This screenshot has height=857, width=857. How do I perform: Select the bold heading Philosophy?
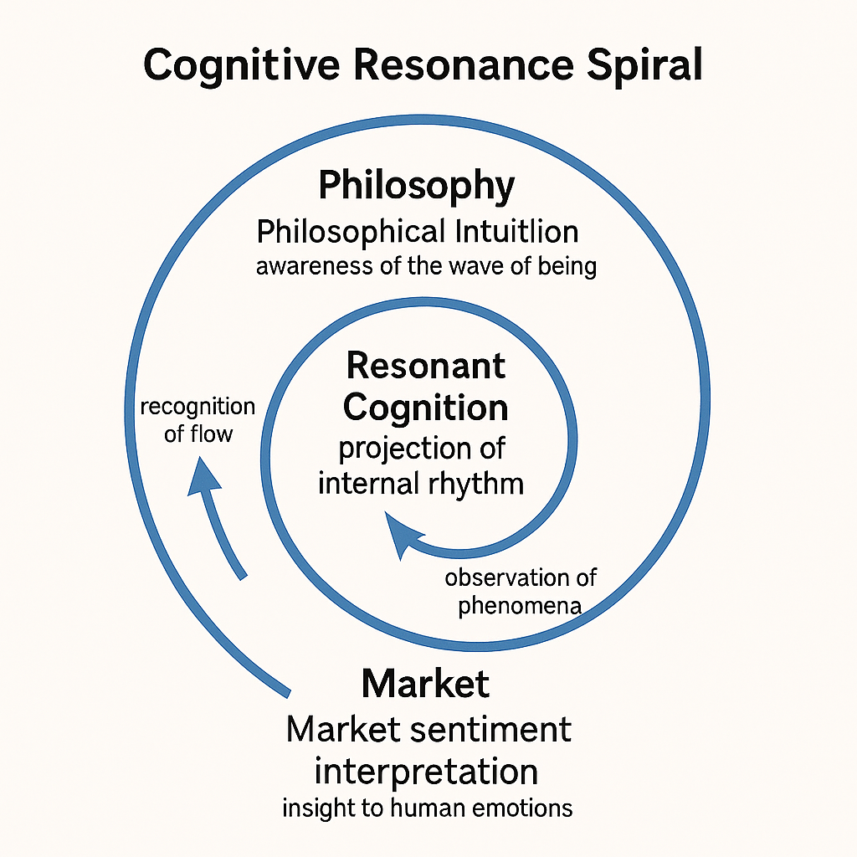pos(416,186)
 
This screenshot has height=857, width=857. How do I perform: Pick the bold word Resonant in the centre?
pos(426,366)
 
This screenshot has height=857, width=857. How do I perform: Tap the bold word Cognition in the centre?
pos(426,408)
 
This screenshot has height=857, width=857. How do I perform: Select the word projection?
pos(392,449)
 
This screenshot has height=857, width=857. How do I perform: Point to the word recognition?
pos(198,407)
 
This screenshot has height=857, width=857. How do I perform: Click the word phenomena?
pos(520,605)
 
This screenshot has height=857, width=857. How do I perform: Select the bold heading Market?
pos(425,684)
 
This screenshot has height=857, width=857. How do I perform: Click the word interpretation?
pos(426,770)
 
